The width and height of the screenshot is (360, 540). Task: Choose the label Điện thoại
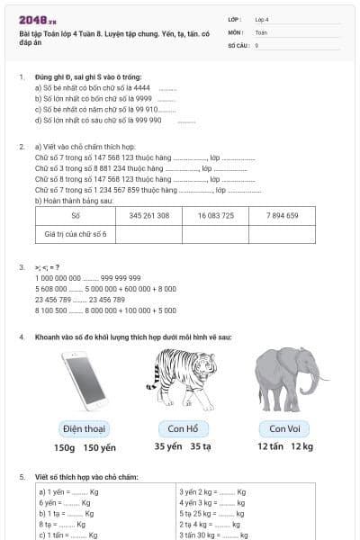point(85,428)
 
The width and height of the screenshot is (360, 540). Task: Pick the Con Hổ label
point(183,428)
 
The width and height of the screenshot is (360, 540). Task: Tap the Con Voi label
point(284,428)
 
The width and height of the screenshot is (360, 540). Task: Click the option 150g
point(65,446)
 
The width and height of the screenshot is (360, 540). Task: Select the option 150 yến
point(100,446)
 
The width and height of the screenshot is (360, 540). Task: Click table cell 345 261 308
point(149,216)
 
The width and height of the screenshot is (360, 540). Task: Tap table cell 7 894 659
point(282,216)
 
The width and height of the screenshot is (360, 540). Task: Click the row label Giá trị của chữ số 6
point(76,234)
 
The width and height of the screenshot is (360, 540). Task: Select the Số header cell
point(76,216)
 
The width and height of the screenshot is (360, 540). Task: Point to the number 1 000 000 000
point(57,278)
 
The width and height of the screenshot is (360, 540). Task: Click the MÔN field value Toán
point(261,31)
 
